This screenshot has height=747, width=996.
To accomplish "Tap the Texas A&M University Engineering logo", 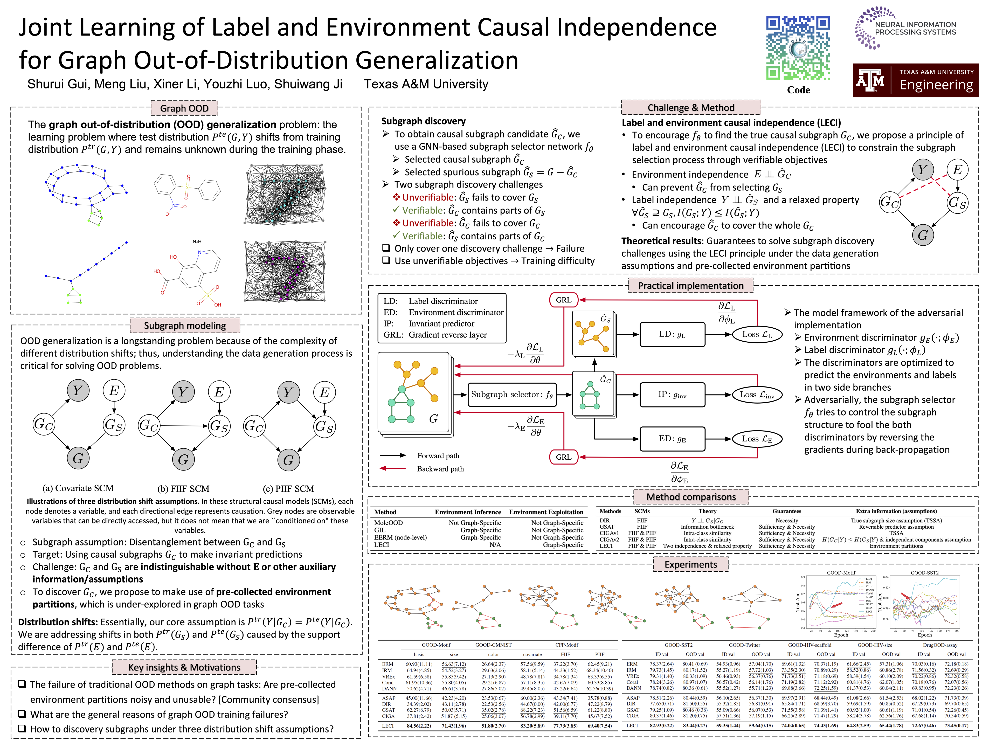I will [x=915, y=80].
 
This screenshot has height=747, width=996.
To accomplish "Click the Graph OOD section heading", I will [x=184, y=108].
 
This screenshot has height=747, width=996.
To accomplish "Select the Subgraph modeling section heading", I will [x=185, y=326].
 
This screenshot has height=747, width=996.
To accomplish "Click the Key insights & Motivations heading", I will [x=184, y=667].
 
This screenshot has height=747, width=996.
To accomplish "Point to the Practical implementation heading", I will [x=690, y=286].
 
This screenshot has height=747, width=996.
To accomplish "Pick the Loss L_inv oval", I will [x=756, y=395].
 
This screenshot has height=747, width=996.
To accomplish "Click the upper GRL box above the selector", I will [x=563, y=300].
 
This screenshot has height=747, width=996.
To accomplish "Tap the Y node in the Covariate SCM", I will [x=78, y=390].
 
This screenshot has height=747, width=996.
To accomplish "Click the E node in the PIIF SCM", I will [x=324, y=392].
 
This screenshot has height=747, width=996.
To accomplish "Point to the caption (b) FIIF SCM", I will [x=183, y=489].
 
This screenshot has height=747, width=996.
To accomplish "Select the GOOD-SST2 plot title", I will [x=924, y=573].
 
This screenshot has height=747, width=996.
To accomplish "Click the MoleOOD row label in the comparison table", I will [x=388, y=523].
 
